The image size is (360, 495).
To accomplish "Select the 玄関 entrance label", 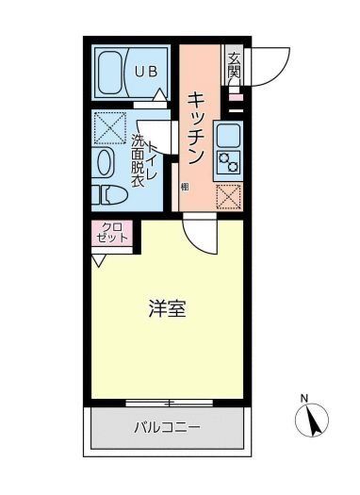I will point(234,65).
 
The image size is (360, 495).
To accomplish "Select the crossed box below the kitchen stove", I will point(229,196).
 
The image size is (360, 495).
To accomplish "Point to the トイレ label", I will point(150,148).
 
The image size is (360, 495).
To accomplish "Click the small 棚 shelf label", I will point(185,188).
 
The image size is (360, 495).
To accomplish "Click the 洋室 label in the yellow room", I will point(166,309).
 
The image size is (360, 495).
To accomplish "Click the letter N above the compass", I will point(303,397).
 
